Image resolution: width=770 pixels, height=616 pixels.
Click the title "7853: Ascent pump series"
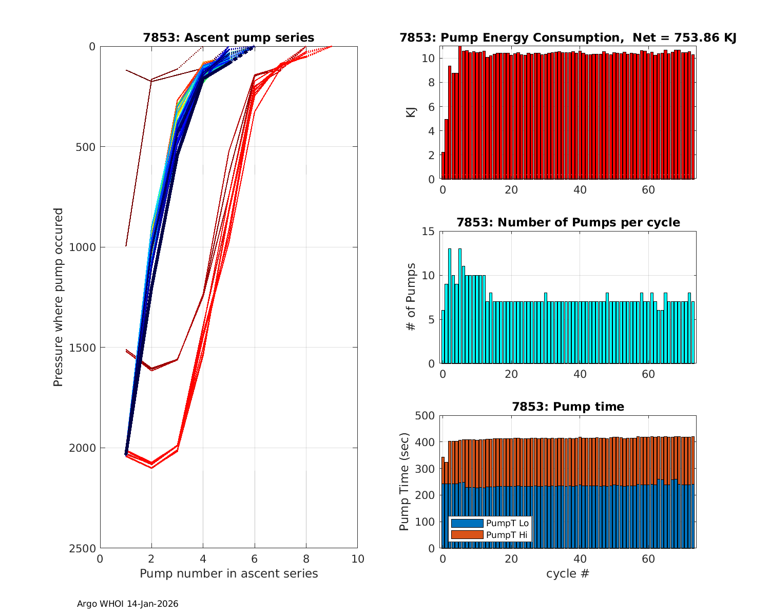coord(228,37)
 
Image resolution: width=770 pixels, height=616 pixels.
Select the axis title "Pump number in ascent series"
coord(228,573)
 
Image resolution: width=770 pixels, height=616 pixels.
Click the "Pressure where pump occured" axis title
coord(58,297)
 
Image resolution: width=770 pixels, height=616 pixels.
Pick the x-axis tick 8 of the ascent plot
coord(306,559)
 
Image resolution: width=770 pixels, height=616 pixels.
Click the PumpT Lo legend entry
coord(490,523)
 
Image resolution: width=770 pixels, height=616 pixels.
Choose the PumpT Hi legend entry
coord(490,535)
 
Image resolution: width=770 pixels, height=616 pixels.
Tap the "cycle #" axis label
coord(567,573)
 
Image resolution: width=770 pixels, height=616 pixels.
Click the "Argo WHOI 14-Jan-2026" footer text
coord(127,604)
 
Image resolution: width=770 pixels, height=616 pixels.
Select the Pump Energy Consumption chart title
coord(568,37)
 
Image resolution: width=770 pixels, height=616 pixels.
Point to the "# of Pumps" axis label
coord(411,297)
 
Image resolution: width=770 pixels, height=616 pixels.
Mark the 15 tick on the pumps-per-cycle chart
coord(429,232)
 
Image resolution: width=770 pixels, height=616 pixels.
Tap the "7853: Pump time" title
coord(568,407)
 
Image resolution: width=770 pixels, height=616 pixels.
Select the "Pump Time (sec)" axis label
coord(404,482)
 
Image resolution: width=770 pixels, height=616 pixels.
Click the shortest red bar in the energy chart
coord(443,165)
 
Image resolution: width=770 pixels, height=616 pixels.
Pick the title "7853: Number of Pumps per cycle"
coord(568,222)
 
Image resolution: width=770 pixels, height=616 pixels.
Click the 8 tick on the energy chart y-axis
coord(431,83)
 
